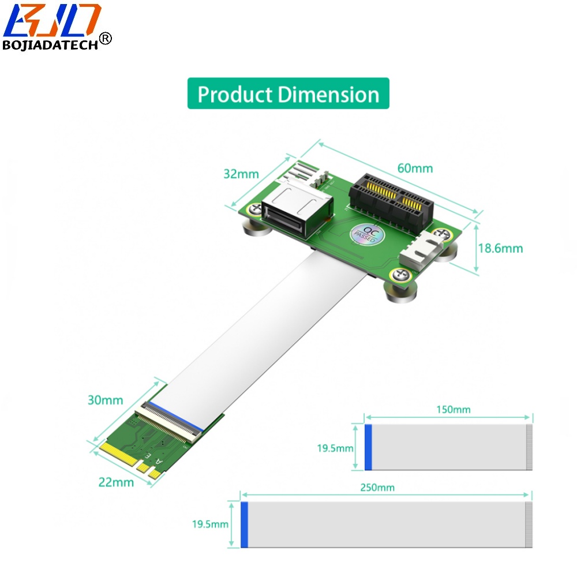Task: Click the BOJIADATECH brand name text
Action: point(50,45)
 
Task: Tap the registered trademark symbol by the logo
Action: point(105,38)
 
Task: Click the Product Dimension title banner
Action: point(288,93)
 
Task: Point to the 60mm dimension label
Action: point(415,168)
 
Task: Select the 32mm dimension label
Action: point(241,174)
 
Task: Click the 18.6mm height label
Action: point(500,248)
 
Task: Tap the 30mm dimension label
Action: point(105,400)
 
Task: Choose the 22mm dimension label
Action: point(116,482)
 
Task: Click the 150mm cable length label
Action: point(454,410)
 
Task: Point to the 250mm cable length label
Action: point(377,488)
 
